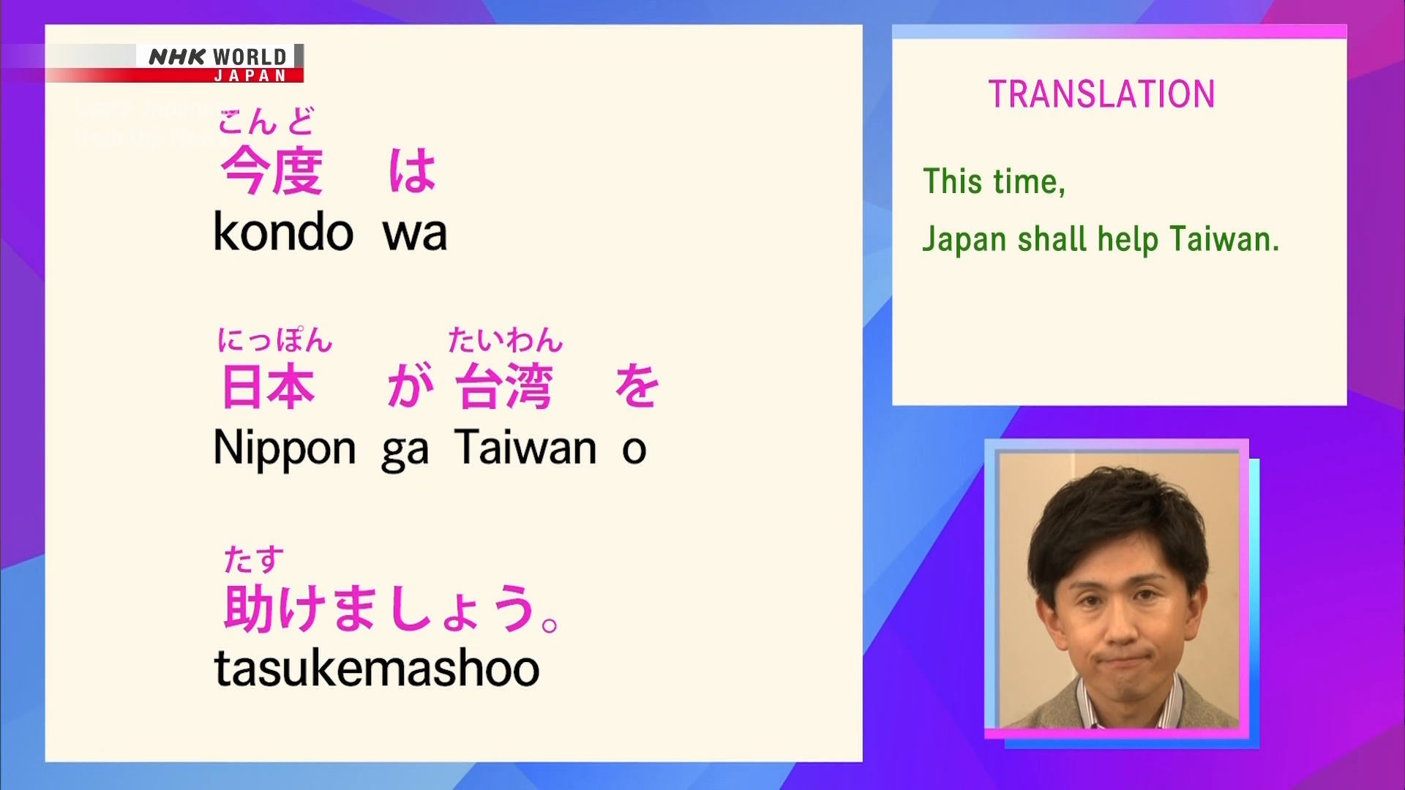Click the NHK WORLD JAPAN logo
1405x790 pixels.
pyautogui.click(x=220, y=64)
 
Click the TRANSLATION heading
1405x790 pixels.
pyautogui.click(x=1101, y=94)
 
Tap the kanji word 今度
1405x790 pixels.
pyautogui.click(x=271, y=170)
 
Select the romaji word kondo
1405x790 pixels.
pyautogui.click(x=283, y=232)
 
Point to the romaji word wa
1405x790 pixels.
pyautogui.click(x=414, y=234)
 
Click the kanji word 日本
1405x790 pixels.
pyautogui.click(x=268, y=385)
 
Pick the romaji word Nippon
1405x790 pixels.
pyautogui.click(x=285, y=448)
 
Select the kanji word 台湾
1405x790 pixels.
pyautogui.click(x=503, y=385)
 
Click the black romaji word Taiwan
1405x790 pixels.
pyautogui.click(x=525, y=447)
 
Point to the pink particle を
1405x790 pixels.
pyautogui.click(x=637, y=385)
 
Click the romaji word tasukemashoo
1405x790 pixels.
pyautogui.click(x=377, y=668)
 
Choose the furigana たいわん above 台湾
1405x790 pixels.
pyautogui.click(x=506, y=340)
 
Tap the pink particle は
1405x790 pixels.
pyautogui.click(x=412, y=170)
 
